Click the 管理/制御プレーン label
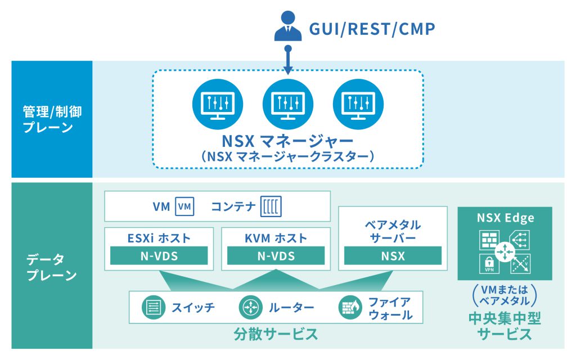pyautogui.click(x=52, y=119)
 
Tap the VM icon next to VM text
pyautogui.click(x=185, y=207)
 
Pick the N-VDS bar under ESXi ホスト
pyautogui.click(x=159, y=256)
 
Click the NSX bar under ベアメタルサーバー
pyautogui.click(x=392, y=256)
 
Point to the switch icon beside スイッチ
pyautogui.click(x=152, y=308)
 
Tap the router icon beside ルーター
pyautogui.click(x=249, y=308)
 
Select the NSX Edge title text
pyautogui.click(x=505, y=218)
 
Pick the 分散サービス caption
pyautogui.click(x=276, y=334)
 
